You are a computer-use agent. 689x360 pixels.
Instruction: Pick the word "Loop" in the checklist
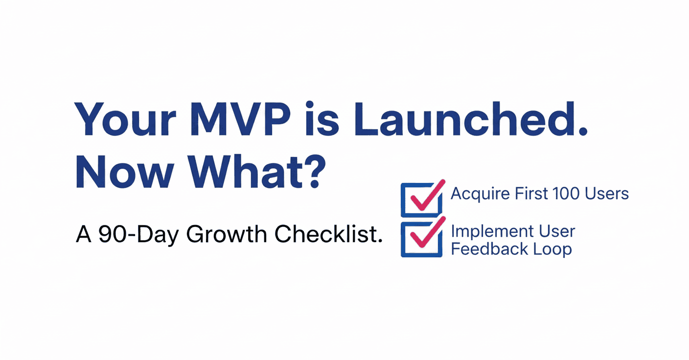point(554,249)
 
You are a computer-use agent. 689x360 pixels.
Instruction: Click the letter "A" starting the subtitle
point(84,235)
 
